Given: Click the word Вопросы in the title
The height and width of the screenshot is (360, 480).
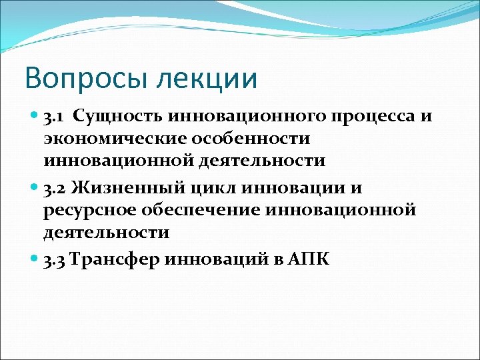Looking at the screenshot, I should click(x=79, y=78).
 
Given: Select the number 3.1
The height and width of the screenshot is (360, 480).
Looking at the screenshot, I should click(x=55, y=117).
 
